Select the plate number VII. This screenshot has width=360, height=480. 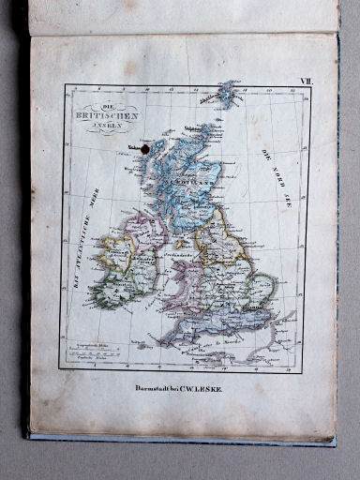tap(306, 82)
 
